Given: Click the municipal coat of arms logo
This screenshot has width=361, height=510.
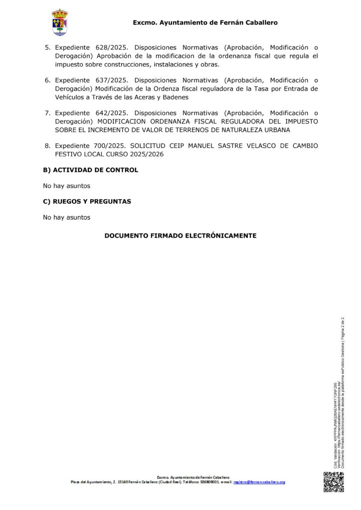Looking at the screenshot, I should tap(60, 22).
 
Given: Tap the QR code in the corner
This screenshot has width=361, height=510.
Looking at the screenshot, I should tap(334, 482).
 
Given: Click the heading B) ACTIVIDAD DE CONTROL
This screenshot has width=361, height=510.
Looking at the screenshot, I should tap(90, 170).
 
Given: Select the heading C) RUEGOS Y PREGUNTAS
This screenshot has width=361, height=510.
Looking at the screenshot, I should tap(87, 201).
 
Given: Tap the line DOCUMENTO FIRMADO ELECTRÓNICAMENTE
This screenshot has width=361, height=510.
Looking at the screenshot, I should tap(180, 236).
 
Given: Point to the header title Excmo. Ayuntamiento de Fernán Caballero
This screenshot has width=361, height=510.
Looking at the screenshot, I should tap(205, 22).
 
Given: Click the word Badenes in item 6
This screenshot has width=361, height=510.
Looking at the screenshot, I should tap(175, 97).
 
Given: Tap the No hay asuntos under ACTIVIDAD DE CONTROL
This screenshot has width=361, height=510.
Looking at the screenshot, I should tap(66, 186).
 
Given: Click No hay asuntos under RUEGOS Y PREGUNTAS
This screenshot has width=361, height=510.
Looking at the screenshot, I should tap(66, 217).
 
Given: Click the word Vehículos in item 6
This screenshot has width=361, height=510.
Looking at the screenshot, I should tap(70, 97).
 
